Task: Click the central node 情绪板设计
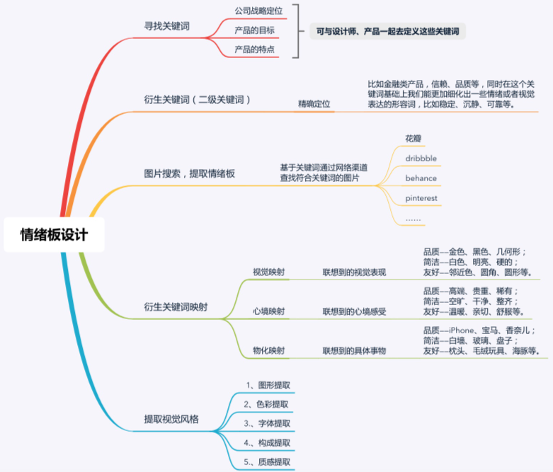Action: click(x=54, y=235)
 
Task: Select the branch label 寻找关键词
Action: click(x=167, y=26)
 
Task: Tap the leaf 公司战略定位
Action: click(x=258, y=11)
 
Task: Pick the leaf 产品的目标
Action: click(x=254, y=30)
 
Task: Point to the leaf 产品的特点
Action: click(x=254, y=50)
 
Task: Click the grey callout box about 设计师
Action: click(x=387, y=31)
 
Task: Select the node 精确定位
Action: click(x=314, y=104)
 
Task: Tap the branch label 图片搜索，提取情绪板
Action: click(x=189, y=173)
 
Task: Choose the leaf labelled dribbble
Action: click(x=421, y=159)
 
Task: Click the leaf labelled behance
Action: click(x=421, y=178)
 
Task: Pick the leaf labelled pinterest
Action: click(x=421, y=198)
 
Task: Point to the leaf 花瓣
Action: click(x=413, y=139)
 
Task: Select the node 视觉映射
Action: click(x=268, y=272)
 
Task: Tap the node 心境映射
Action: click(x=268, y=311)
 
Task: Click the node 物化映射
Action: click(x=268, y=350)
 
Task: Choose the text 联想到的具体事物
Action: click(x=354, y=350)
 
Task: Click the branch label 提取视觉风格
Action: click(x=171, y=419)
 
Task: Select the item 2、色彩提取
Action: click(x=266, y=404)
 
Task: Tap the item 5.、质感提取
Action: click(x=267, y=462)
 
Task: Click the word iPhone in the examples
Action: click(x=461, y=330)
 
